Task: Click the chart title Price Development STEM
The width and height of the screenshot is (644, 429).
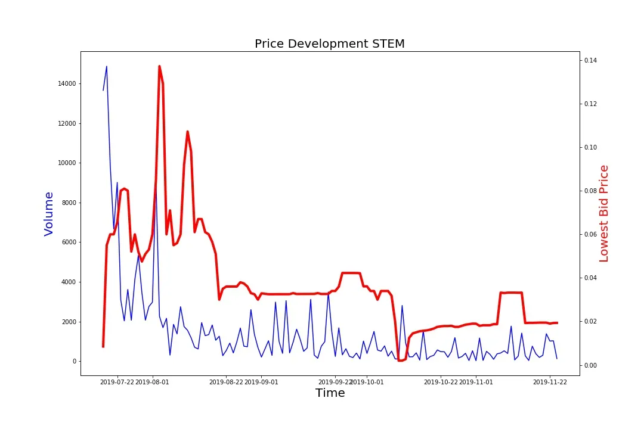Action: click(x=329, y=43)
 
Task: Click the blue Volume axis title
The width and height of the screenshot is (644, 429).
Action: click(x=49, y=213)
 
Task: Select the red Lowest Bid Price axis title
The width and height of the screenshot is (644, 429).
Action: click(x=603, y=213)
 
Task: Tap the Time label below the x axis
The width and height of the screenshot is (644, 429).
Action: click(x=330, y=393)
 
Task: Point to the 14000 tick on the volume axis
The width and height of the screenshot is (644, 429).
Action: click(x=67, y=83)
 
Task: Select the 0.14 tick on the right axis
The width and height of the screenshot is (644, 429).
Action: click(x=591, y=60)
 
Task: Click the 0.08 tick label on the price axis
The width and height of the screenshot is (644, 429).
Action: click(x=591, y=191)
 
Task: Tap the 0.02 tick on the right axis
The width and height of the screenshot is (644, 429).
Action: click(x=591, y=322)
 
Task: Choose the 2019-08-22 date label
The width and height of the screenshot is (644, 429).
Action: click(x=226, y=383)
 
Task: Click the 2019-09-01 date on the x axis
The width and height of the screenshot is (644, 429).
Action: click(x=261, y=383)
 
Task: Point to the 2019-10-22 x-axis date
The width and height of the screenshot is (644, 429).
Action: click(x=441, y=383)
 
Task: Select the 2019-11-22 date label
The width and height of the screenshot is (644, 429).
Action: click(x=550, y=383)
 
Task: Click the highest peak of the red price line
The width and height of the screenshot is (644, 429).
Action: click(x=159, y=66)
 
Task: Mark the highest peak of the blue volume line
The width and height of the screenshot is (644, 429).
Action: click(x=107, y=66)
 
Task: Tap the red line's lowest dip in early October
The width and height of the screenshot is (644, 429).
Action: click(x=400, y=360)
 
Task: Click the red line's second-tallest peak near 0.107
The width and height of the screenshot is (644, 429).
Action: click(x=187, y=132)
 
